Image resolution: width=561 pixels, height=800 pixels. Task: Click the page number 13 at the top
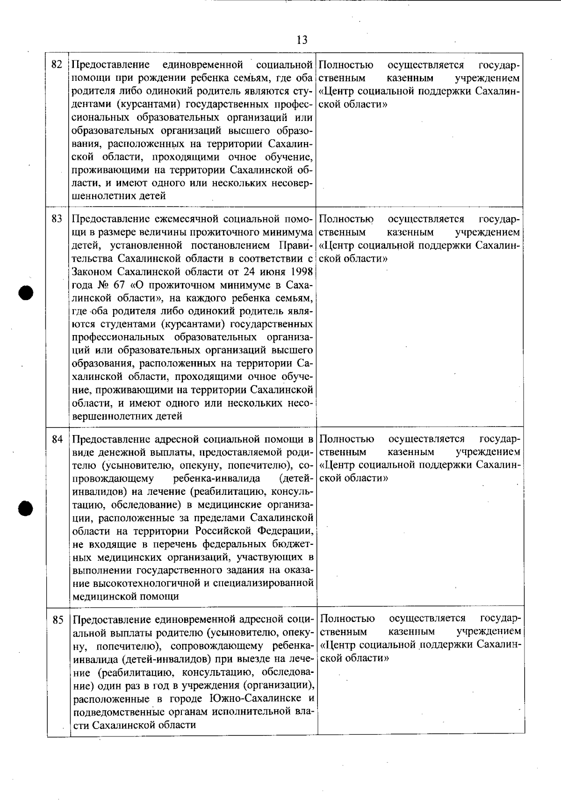click(x=302, y=40)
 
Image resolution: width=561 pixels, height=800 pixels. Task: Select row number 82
click(x=57, y=64)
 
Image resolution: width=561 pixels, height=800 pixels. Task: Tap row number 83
click(x=57, y=219)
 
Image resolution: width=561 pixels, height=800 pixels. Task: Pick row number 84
click(x=57, y=439)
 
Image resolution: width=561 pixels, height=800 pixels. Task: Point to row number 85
click(x=58, y=620)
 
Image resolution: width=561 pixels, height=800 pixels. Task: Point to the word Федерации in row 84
click(x=285, y=531)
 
